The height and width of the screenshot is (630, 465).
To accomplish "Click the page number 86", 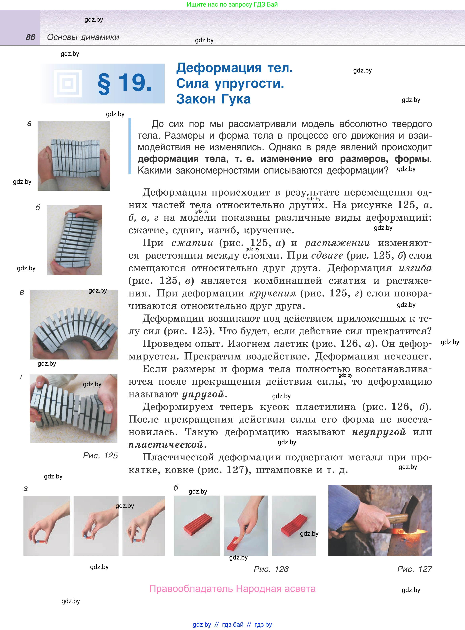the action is click(x=30, y=37).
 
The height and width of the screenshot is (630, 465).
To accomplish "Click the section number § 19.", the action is click(x=125, y=83).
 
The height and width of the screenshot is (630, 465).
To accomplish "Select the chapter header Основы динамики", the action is click(x=83, y=37).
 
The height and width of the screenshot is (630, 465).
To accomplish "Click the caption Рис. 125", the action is click(x=100, y=455).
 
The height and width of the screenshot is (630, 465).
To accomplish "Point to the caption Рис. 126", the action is click(x=271, y=569).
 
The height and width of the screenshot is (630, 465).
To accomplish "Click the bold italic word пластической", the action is click(x=166, y=445).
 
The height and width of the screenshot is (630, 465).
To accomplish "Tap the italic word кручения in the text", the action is click(x=273, y=293).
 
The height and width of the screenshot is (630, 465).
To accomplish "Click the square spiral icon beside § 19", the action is click(x=68, y=83).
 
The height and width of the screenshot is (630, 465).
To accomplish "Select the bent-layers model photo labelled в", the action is click(x=74, y=325).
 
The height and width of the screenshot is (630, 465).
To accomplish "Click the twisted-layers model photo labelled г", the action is click(x=74, y=409).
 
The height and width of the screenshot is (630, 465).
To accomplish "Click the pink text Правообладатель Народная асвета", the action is click(x=233, y=589).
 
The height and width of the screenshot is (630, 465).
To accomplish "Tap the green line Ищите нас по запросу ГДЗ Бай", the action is click(x=232, y=5).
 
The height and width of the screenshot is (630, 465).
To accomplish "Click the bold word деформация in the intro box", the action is click(x=168, y=159).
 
